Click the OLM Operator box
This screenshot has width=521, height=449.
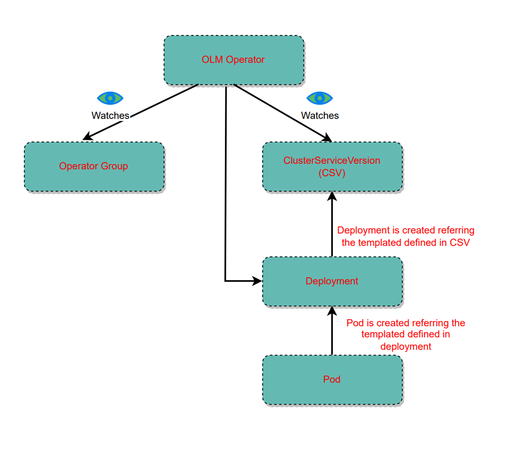234,60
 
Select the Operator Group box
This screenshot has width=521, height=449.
94,166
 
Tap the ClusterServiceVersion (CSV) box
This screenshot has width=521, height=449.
332,166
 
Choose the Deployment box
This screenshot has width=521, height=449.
332,281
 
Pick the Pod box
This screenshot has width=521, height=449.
332,380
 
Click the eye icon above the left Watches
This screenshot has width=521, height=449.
110,98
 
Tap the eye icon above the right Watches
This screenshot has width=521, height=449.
320,98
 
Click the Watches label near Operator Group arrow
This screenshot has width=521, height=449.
110,116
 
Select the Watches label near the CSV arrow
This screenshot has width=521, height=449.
320,116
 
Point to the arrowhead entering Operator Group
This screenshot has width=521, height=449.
87,137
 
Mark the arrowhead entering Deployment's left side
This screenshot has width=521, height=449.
257,281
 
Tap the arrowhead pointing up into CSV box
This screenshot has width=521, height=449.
332,196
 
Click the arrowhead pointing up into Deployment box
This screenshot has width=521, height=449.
332,311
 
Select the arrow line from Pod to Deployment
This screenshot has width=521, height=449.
332,331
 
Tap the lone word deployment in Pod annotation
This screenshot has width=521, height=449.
406,347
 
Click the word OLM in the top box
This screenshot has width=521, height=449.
212,60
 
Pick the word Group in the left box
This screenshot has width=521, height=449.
114,166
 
